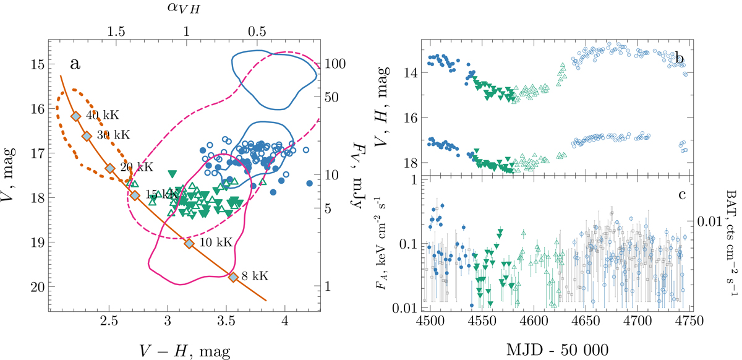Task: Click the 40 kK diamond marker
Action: [x=75, y=116]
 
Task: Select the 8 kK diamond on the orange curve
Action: [x=233, y=277]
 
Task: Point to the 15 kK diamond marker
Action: [x=135, y=195]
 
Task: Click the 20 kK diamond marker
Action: [x=109, y=168]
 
